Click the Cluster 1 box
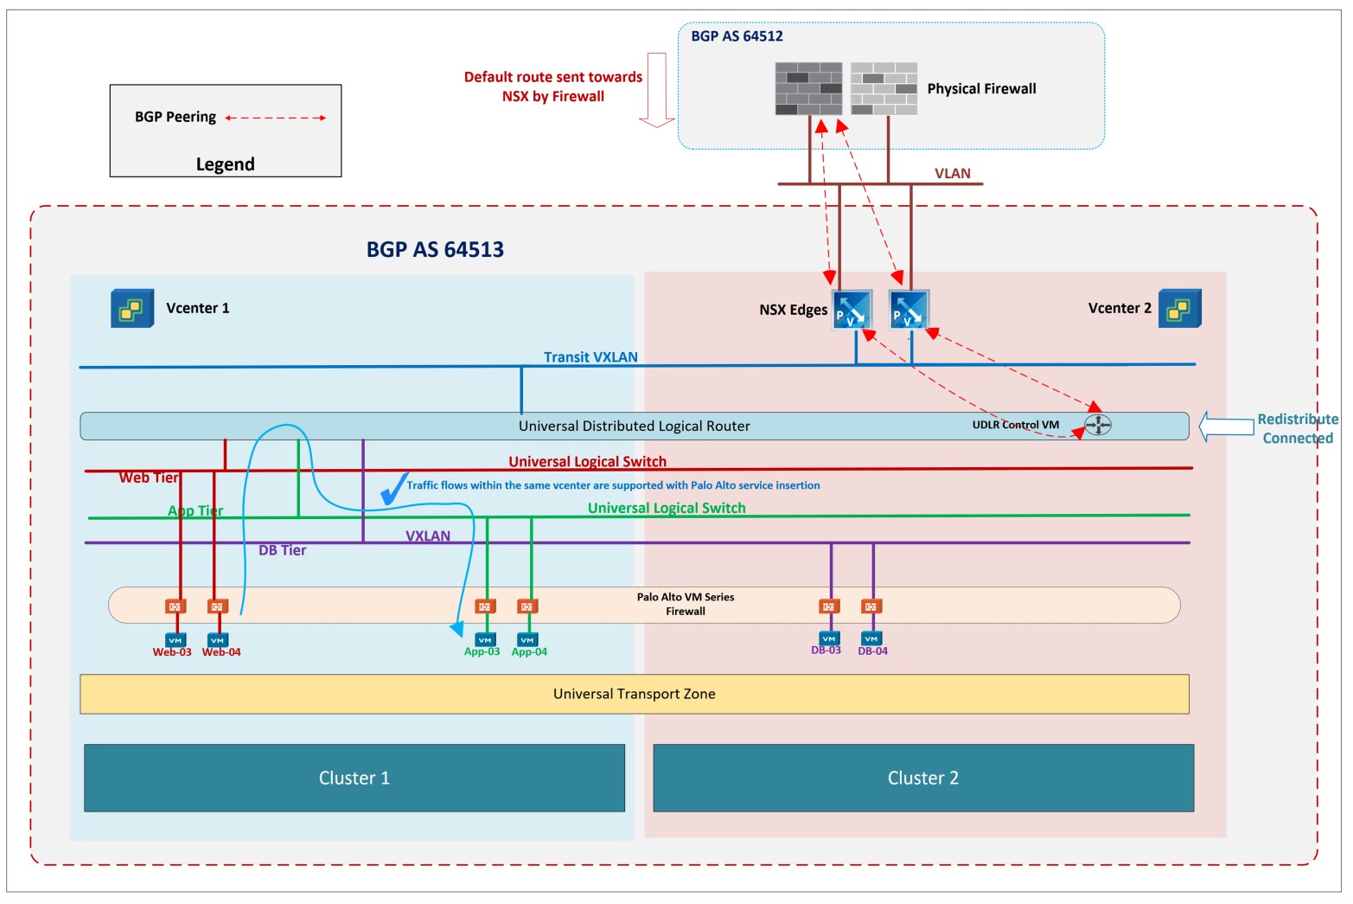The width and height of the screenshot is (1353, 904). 354,778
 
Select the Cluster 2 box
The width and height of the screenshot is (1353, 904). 922,778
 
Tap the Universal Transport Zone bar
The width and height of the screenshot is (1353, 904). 634,694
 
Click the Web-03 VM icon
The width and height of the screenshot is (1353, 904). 176,640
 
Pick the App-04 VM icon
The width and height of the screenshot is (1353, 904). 527,640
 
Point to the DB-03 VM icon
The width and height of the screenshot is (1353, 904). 829,638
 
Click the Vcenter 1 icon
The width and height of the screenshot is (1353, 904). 132,308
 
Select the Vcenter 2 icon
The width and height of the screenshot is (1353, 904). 1179,308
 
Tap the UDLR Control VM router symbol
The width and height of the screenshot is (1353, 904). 1098,425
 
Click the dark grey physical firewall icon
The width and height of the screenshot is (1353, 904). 808,88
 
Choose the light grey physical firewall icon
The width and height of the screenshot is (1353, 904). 884,88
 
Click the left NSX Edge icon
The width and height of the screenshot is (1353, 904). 852,310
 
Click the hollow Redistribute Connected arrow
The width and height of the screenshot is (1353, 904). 1226,426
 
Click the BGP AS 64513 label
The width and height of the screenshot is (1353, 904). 435,249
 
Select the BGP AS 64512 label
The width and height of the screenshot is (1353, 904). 737,36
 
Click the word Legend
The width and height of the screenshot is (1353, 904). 225,164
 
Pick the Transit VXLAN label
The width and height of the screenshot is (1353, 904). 590,356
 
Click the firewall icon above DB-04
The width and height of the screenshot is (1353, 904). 871,606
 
